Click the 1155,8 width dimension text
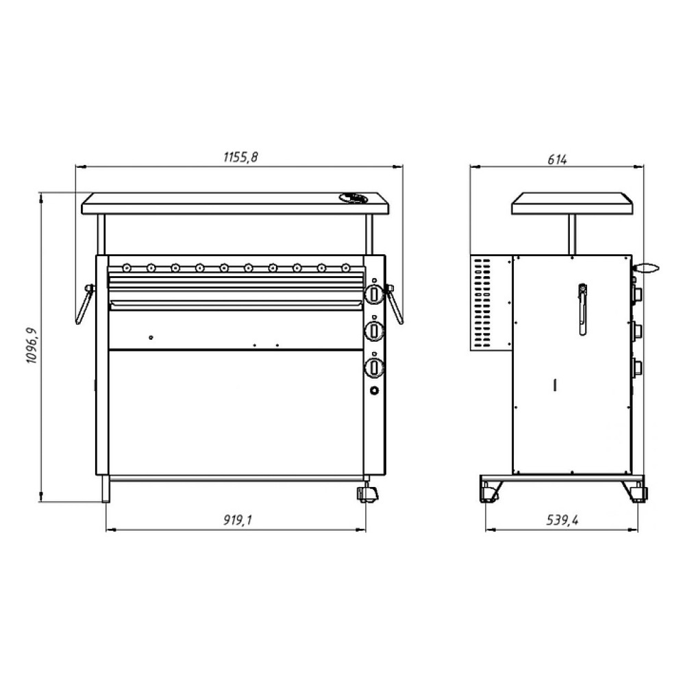tap(240, 157)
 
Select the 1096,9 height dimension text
tap(32, 345)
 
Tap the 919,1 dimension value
tap(238, 520)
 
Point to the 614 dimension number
tap(557, 160)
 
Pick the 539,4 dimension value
tap(562, 520)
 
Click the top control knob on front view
tap(374, 294)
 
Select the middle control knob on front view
tap(374, 330)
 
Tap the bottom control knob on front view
tap(374, 367)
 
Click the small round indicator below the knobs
tap(375, 390)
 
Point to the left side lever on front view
tap(85, 304)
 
